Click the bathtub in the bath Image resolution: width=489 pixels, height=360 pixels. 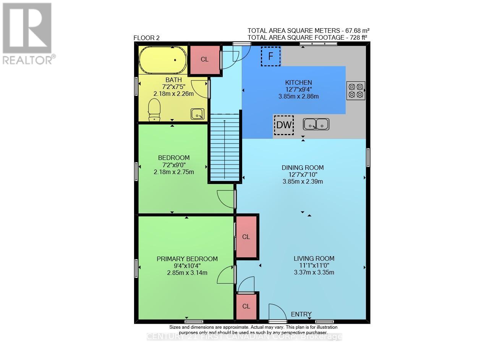(163, 60)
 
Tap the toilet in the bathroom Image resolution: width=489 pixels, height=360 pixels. (154, 110)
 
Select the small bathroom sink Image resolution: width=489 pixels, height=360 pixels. (198, 114)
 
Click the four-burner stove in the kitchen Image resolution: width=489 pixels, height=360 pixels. (356, 90)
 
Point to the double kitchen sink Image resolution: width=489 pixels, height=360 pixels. (316, 124)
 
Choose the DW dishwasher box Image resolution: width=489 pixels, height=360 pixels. (284, 125)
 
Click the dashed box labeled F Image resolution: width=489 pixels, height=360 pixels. (270, 57)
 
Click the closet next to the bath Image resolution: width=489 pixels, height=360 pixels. (205, 60)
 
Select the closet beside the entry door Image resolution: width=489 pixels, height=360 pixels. (246, 306)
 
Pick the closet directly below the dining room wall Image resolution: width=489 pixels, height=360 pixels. (246, 237)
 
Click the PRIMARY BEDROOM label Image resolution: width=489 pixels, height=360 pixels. (187, 259)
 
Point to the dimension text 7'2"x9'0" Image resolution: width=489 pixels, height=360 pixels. (174, 165)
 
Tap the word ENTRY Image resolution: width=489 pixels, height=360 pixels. (301, 314)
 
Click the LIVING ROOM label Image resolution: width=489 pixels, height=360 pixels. (314, 258)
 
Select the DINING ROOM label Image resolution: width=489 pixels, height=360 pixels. (303, 168)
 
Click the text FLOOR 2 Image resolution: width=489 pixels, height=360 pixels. (146, 38)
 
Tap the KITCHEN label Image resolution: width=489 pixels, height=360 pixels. (299, 82)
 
